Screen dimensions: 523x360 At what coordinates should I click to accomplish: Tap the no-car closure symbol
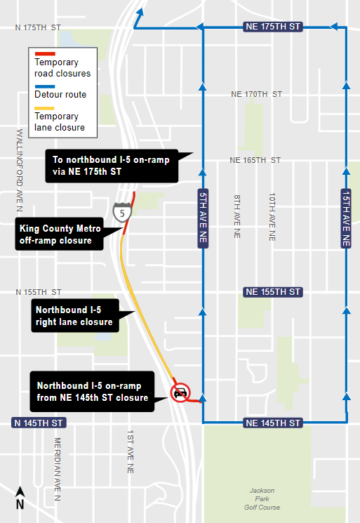(180, 392)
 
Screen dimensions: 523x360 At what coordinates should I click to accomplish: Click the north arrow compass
(20, 498)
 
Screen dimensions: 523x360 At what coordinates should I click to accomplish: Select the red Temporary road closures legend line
(46, 53)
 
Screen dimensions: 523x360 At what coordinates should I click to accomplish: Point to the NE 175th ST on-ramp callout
(112, 165)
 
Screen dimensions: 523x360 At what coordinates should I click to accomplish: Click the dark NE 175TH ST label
(274, 26)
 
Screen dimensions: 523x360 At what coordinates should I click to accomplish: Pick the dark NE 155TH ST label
(273, 291)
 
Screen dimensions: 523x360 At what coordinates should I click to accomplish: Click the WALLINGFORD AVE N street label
(19, 169)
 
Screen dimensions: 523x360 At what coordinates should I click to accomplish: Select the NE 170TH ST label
(256, 93)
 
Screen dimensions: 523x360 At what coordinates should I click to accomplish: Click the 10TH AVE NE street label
(271, 218)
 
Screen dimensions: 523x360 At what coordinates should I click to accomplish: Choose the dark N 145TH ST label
(39, 423)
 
